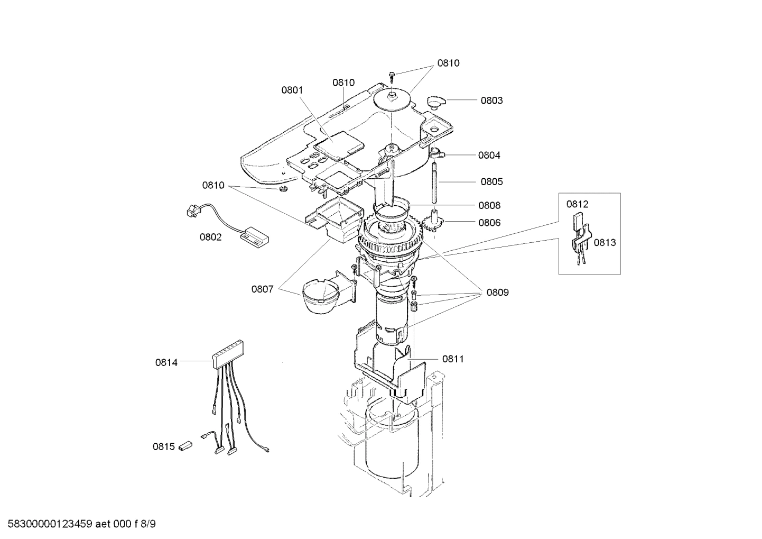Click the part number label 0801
click(292, 90)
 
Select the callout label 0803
click(491, 101)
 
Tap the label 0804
click(489, 156)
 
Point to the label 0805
click(491, 181)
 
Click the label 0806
click(489, 223)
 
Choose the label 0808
click(489, 205)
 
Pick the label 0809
click(498, 292)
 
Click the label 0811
click(453, 359)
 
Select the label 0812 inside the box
click(577, 204)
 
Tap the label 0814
click(166, 362)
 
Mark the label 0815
click(164, 446)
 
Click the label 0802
click(210, 237)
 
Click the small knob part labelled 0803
click(436, 101)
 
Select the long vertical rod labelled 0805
click(434, 182)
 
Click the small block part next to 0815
click(184, 445)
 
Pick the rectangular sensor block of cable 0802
click(255, 235)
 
